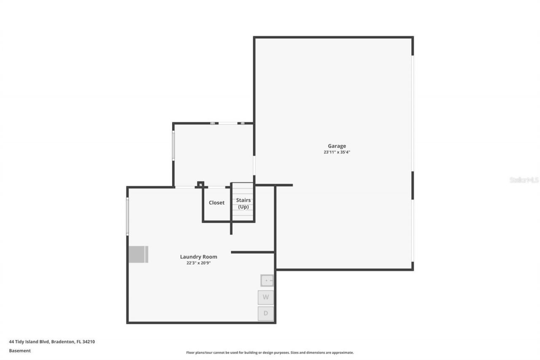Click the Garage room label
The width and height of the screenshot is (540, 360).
(x=337, y=146)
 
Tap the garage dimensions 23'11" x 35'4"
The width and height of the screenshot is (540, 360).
(x=337, y=152)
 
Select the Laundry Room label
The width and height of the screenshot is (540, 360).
(x=198, y=257)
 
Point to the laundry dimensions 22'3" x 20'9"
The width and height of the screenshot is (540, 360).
(x=198, y=263)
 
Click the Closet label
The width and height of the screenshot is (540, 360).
(x=216, y=203)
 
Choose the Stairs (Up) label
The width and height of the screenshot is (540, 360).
(x=243, y=203)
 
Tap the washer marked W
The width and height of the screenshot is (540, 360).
(x=266, y=297)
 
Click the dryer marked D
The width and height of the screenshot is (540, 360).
(x=266, y=313)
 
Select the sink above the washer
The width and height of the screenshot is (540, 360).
(x=267, y=280)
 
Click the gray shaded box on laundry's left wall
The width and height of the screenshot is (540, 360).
(x=138, y=254)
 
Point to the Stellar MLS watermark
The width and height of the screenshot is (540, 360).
(x=524, y=180)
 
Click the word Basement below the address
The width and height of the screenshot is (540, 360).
(x=20, y=351)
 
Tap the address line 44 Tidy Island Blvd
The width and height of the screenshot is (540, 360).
(x=30, y=342)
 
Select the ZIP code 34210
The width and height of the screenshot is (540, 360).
(x=89, y=342)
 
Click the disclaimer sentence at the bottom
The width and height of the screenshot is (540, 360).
(x=270, y=352)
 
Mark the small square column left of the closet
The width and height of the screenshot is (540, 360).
(x=201, y=184)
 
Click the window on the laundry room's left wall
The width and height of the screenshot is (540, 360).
(x=127, y=216)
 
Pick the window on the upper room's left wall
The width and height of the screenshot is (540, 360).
(x=173, y=145)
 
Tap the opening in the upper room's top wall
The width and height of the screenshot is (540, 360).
(x=227, y=123)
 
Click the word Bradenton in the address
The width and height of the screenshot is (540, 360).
(x=63, y=342)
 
